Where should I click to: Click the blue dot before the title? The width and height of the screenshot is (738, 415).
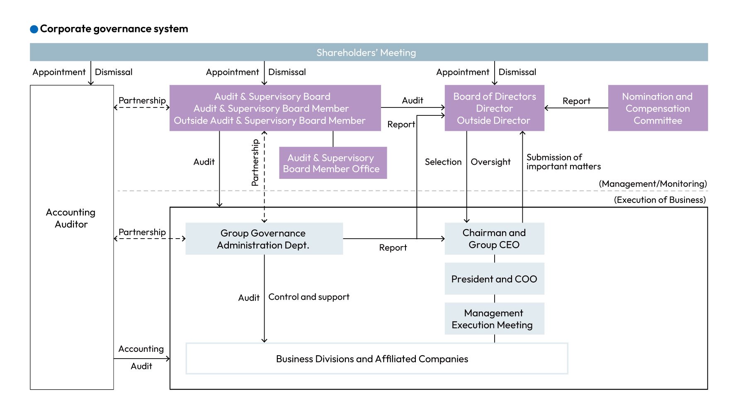pos(34,29)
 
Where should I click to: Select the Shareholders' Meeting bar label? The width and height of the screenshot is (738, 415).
pos(366,53)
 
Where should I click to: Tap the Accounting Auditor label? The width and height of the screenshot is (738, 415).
pos(71,218)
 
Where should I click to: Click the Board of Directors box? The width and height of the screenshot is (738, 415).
pos(494,108)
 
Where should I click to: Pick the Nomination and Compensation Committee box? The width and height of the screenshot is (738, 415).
pos(658,108)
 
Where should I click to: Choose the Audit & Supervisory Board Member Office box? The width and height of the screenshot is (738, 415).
pos(333,163)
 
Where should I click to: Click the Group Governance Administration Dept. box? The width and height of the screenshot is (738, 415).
pos(264,239)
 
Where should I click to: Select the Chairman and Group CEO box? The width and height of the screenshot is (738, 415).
pos(494,239)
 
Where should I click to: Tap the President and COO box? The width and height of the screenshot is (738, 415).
pos(494,279)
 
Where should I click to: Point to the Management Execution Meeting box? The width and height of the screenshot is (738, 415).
pos(494,319)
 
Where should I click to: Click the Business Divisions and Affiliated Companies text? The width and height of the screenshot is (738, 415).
pos(372,359)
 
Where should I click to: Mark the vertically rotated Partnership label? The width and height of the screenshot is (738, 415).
pos(255,162)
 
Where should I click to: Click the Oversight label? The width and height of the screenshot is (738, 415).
pos(490,162)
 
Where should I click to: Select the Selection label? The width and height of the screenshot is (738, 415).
pos(443,162)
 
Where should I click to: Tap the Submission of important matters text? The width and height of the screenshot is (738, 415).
pos(563,162)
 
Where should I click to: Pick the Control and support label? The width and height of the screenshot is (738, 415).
pos(309,297)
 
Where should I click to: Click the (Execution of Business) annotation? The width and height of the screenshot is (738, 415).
pos(660,200)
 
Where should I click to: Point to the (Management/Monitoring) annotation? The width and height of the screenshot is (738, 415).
pos(653,184)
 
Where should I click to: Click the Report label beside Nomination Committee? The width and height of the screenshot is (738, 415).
pos(576,101)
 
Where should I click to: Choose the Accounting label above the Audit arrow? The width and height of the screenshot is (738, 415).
pos(141,349)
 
